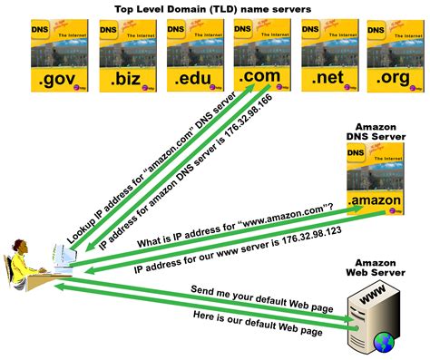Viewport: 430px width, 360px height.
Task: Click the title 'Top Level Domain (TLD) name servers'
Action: (x=216, y=7)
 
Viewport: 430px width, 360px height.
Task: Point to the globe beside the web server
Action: (x=386, y=342)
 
